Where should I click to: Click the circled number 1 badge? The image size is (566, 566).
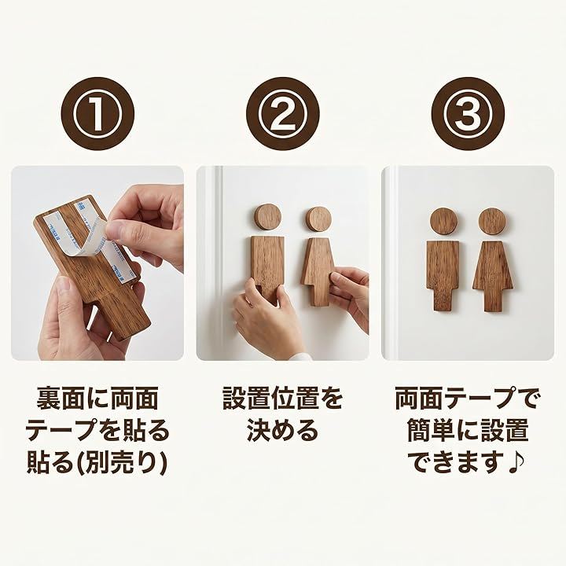(x=97, y=114)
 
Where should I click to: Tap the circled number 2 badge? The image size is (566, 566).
(x=283, y=114)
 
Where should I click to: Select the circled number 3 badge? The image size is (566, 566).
(x=469, y=114)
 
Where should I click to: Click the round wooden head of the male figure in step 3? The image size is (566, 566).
(x=443, y=221)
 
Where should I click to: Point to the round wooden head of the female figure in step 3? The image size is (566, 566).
(x=492, y=221)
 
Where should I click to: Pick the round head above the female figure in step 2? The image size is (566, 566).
(x=318, y=220)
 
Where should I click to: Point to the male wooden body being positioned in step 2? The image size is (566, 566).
(x=267, y=267)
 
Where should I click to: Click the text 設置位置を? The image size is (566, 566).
(x=283, y=399)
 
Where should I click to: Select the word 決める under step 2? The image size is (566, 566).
(x=283, y=430)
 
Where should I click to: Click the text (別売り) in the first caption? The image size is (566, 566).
(x=123, y=462)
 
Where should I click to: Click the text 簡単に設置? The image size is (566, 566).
(x=468, y=430)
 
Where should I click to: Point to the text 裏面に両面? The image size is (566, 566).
(x=97, y=399)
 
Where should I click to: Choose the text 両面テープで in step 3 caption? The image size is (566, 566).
(x=468, y=399)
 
